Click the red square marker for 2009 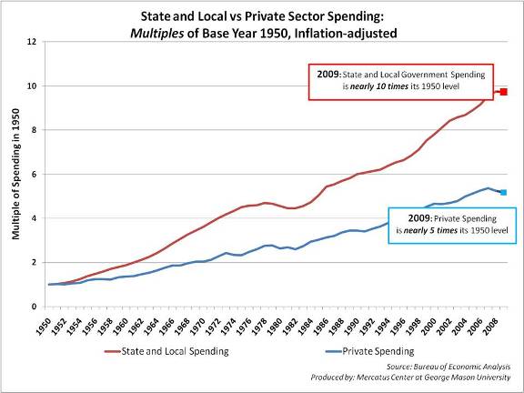(x=502, y=92)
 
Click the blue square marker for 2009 (x=502, y=192)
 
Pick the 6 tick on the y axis (x=33, y=175)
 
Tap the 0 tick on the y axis (x=33, y=307)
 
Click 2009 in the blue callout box (x=398, y=219)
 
